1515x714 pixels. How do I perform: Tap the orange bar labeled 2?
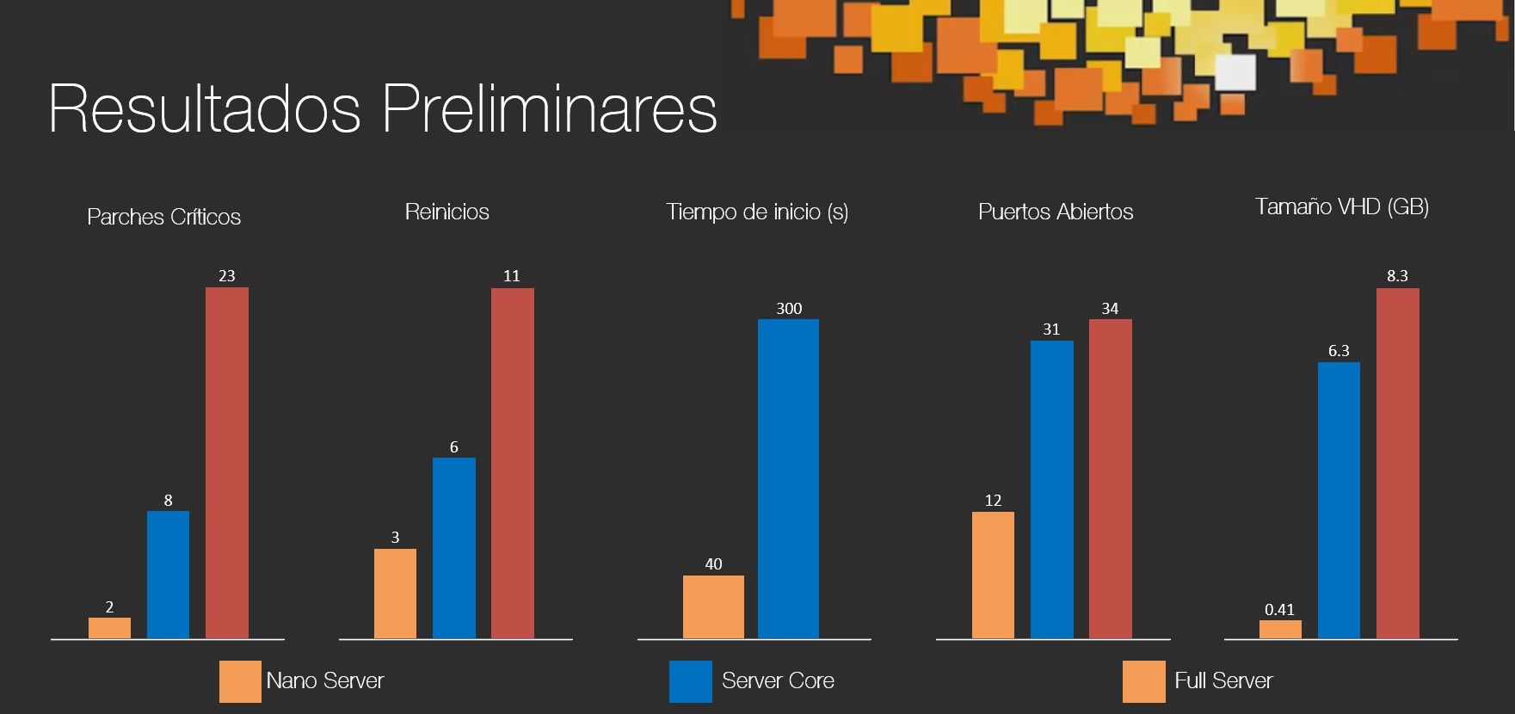[109, 628]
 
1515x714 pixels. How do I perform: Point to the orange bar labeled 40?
[713, 606]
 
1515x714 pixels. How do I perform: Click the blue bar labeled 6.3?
[1339, 500]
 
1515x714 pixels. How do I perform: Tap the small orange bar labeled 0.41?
[1280, 629]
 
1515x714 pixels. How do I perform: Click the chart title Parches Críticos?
[163, 217]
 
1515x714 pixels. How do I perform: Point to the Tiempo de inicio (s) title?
[757, 212]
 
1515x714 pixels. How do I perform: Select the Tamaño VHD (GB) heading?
[1341, 206]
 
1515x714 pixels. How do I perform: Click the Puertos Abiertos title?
[1056, 212]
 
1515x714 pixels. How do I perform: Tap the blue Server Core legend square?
[690, 681]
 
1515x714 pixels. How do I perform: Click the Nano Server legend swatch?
[240, 681]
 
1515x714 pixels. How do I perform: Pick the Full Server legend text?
[1222, 680]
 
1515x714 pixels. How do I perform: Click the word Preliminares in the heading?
[549, 109]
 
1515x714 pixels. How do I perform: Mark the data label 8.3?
[1397, 276]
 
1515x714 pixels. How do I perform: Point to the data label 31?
[1051, 329]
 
